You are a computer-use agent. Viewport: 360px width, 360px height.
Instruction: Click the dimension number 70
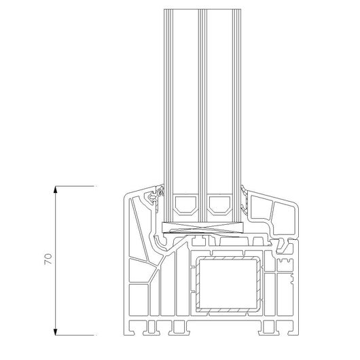click(48, 259)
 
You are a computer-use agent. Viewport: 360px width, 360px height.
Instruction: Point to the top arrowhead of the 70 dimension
click(55, 190)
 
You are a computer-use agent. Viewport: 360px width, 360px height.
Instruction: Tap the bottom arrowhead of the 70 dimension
click(55, 331)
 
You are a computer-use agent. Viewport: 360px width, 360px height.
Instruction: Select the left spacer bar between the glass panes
click(185, 205)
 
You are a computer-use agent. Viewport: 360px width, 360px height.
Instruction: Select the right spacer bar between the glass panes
click(219, 205)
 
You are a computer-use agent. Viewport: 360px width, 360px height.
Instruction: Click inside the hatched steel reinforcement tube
click(228, 284)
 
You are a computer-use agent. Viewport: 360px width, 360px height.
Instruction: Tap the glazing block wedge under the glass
click(202, 228)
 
